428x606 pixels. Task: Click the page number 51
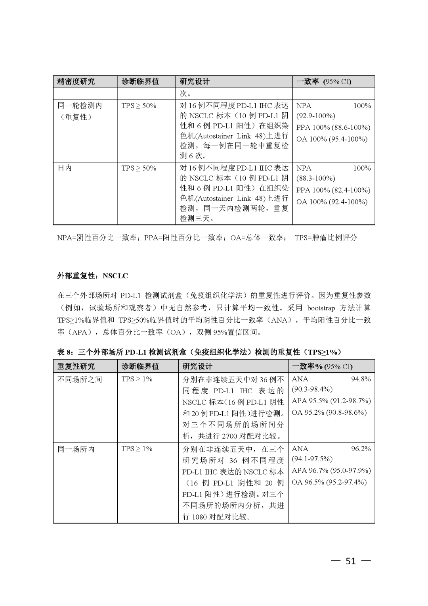(x=351, y=561)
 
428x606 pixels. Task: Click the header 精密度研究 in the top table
(x=76, y=81)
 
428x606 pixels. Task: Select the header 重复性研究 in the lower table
(x=76, y=366)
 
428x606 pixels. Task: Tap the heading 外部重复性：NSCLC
(x=93, y=275)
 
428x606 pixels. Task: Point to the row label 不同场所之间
(x=80, y=379)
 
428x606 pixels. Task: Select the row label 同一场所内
(x=76, y=449)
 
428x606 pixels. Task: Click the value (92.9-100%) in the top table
(x=315, y=116)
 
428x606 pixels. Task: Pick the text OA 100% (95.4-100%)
(x=332, y=139)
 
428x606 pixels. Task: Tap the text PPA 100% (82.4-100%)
(x=333, y=190)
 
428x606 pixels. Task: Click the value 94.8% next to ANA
(x=361, y=379)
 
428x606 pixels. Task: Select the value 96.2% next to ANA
(x=361, y=449)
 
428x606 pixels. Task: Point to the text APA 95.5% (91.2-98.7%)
(x=331, y=401)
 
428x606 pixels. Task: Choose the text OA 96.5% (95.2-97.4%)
(x=329, y=482)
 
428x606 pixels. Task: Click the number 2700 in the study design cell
(x=229, y=436)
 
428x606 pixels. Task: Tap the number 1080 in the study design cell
(x=199, y=517)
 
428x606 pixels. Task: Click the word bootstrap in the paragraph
(x=321, y=308)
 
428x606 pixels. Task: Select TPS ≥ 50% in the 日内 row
(x=139, y=168)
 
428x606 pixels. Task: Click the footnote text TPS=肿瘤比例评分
(x=326, y=237)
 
